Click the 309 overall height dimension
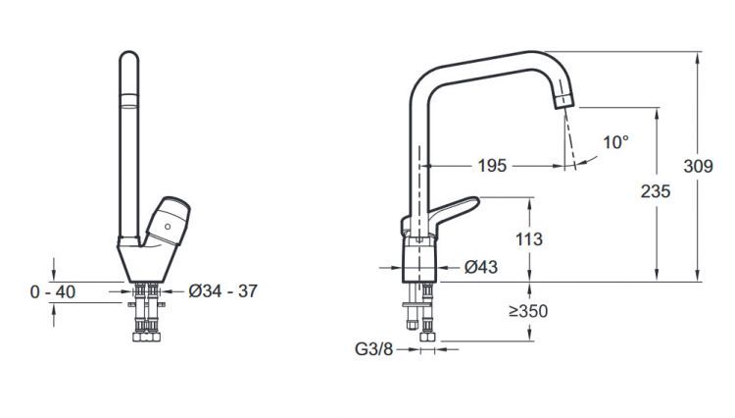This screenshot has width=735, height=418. coord(697,167)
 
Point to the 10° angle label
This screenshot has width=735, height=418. coord(615,142)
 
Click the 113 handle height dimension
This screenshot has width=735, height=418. coord(527,239)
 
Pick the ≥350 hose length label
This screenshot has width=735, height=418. coord(527,312)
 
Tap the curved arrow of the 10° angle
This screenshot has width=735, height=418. coord(588,161)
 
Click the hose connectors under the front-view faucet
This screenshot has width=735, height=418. coord(148,314)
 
